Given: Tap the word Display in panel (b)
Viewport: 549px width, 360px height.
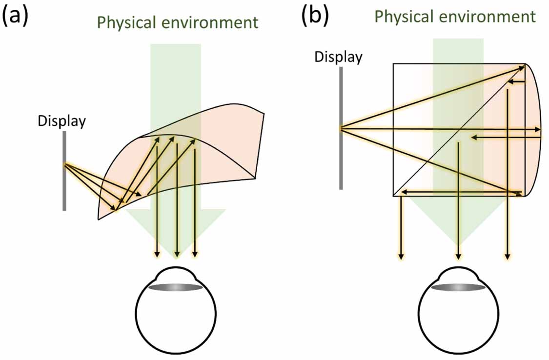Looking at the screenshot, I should pyautogui.click(x=338, y=58).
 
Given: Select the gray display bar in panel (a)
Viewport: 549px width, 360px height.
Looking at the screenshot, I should pyautogui.click(x=64, y=190).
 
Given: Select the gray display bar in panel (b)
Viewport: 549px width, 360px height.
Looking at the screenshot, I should pyautogui.click(x=341, y=161).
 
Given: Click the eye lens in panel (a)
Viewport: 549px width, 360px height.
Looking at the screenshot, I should pyautogui.click(x=176, y=288).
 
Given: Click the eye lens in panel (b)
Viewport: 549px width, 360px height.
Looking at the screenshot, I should pyautogui.click(x=457, y=288).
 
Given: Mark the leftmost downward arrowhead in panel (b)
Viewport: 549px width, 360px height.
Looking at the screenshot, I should pyautogui.click(x=401, y=256).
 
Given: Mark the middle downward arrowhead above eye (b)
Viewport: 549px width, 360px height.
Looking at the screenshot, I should pyautogui.click(x=458, y=256).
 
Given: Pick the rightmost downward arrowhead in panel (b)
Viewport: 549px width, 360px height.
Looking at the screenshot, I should pyautogui.click(x=508, y=256).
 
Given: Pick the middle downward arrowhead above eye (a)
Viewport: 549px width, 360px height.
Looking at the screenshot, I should pyautogui.click(x=177, y=255).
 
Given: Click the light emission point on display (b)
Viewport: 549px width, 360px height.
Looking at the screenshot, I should pyautogui.click(x=342, y=128).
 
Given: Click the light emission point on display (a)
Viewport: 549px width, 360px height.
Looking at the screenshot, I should pyautogui.click(x=64, y=165).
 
